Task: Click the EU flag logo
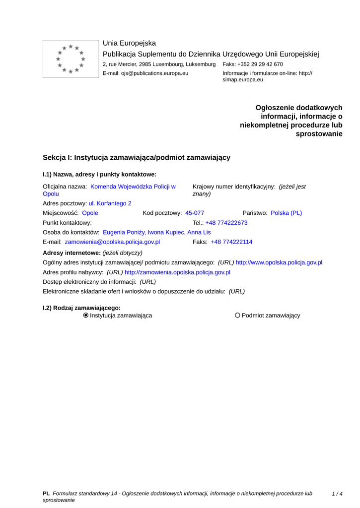(x=71, y=59)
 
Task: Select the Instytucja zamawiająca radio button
(x=86, y=316)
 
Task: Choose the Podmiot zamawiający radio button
(x=238, y=316)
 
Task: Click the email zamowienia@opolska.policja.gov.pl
(x=112, y=242)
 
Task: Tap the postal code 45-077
(x=195, y=213)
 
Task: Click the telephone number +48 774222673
(x=226, y=223)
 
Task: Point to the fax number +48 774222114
(x=231, y=242)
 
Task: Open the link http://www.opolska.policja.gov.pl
(x=279, y=262)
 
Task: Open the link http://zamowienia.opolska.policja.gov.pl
(x=177, y=272)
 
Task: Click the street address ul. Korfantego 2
(x=110, y=203)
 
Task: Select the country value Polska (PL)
(x=286, y=213)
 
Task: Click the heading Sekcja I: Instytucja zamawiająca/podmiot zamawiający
(x=137, y=157)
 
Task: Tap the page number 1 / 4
(x=337, y=494)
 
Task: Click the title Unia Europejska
(x=129, y=43)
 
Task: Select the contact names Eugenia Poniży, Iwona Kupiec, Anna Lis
(x=156, y=232)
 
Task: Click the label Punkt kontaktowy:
(x=68, y=223)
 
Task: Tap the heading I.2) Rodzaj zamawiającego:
(x=82, y=308)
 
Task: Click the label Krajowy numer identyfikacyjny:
(x=234, y=187)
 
